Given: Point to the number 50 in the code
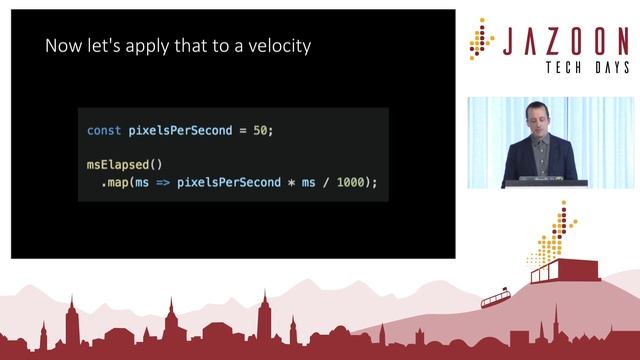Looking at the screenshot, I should [259, 131].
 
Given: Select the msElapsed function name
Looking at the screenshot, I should [120, 163].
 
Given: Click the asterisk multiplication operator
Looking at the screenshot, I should [290, 183].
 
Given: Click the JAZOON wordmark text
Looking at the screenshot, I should [565, 42].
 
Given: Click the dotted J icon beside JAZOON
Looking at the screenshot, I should [481, 39].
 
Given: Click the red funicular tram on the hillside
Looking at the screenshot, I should [497, 297].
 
